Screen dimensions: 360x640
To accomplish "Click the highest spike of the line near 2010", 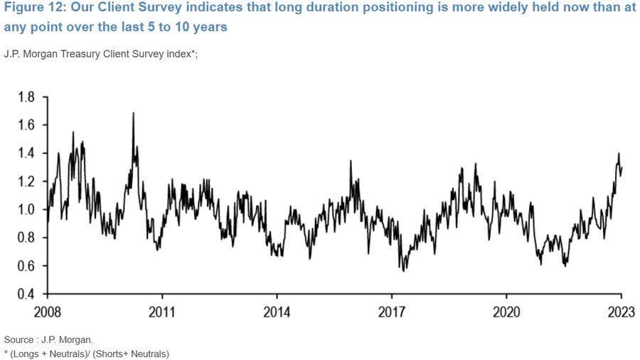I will pyautogui.click(x=133, y=113).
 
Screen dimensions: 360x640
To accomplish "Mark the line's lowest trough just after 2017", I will pyautogui.click(x=404, y=270).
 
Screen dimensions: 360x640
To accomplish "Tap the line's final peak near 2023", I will pyautogui.click(x=618, y=154).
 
